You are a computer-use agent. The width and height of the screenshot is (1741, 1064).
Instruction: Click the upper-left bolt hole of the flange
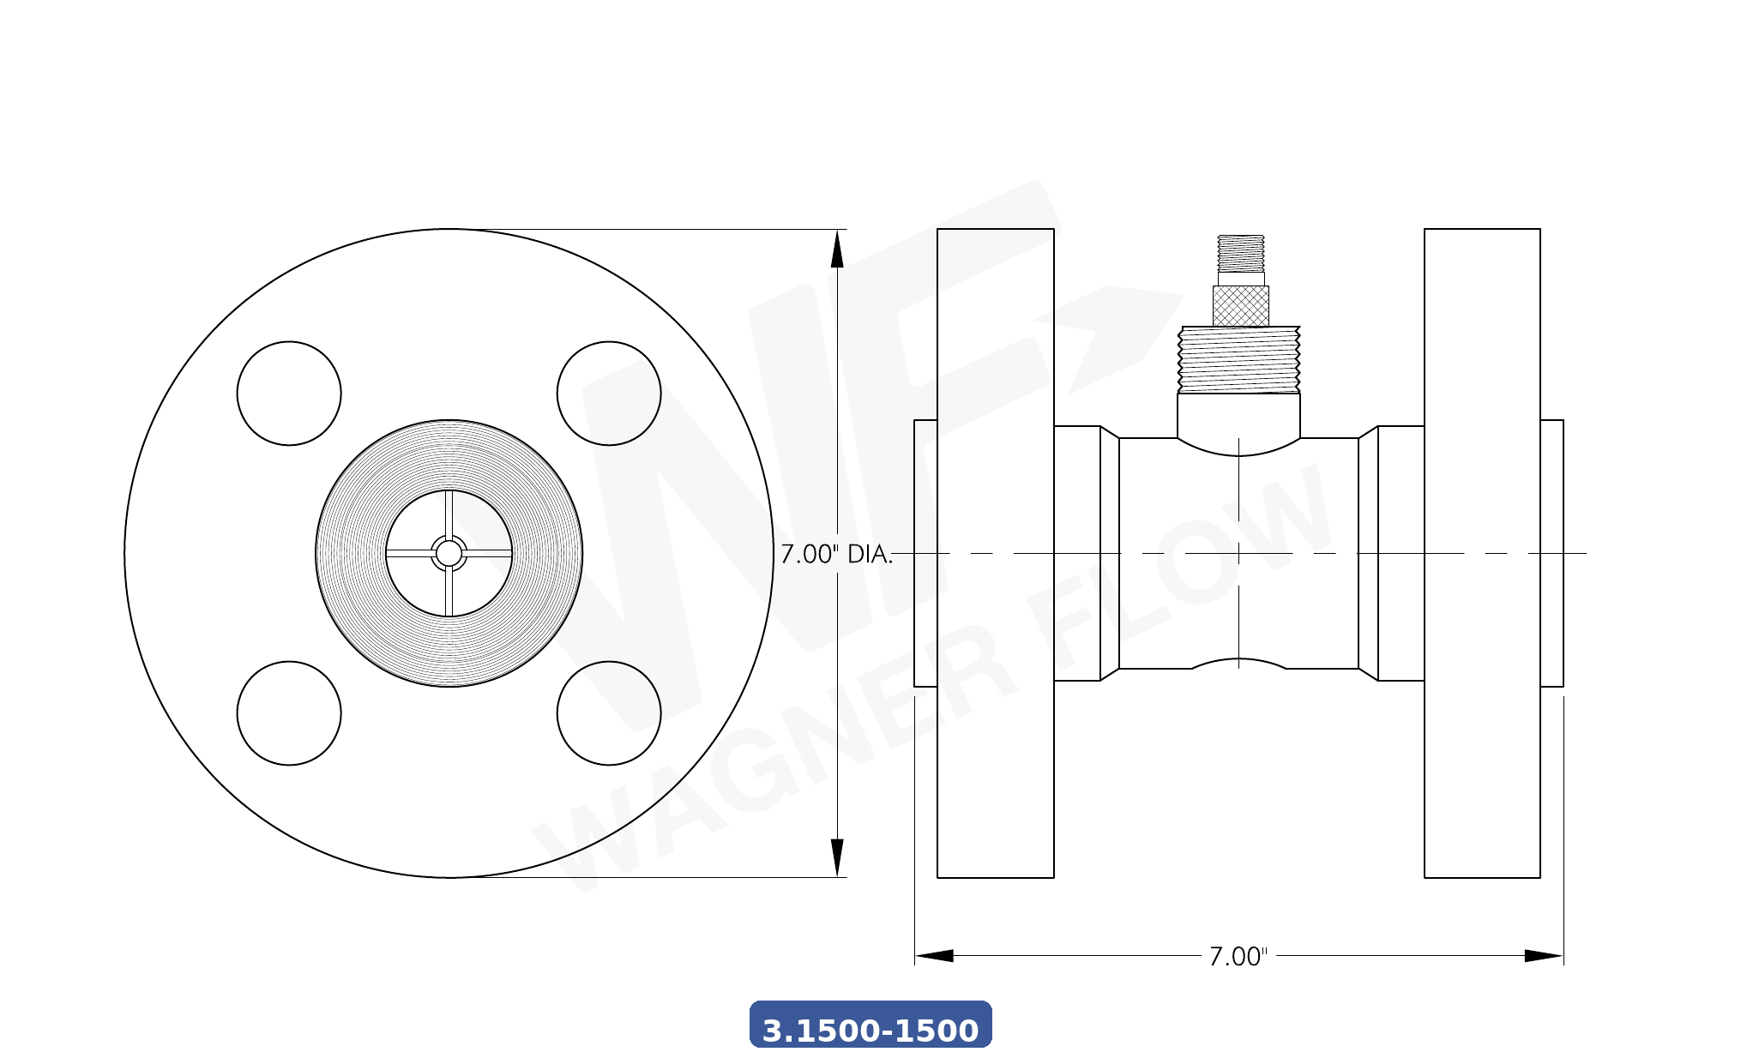click(289, 394)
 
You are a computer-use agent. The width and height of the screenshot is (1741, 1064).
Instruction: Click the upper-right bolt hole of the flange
click(609, 394)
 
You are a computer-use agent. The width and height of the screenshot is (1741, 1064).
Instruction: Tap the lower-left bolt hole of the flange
click(289, 712)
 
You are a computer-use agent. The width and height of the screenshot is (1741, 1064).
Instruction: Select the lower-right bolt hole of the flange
click(609, 712)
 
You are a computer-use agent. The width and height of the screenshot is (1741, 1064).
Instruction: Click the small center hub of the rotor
click(449, 553)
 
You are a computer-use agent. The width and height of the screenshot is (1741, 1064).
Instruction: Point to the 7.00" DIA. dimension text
click(836, 555)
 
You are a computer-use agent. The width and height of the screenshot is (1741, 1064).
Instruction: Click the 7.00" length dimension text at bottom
click(1238, 957)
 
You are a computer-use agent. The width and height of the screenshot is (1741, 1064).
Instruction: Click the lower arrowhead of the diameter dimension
click(837, 857)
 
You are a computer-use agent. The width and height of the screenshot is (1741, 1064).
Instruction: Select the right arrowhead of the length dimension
click(1543, 955)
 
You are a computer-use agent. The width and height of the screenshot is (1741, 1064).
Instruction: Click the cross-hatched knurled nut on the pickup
click(1240, 306)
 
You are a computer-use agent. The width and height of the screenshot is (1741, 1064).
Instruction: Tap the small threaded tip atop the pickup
click(1240, 253)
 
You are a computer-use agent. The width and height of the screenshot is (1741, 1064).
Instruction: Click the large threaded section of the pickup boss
click(1239, 359)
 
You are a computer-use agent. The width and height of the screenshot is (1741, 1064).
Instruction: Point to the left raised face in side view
click(925, 553)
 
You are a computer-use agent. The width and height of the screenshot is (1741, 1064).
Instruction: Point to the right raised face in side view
click(1551, 553)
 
